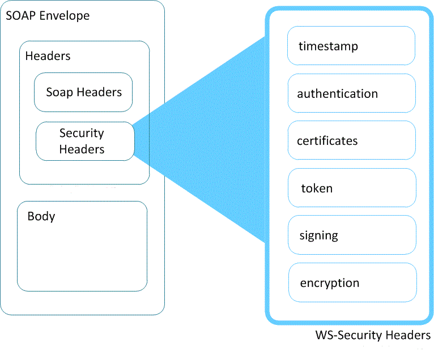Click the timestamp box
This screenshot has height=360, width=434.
351,46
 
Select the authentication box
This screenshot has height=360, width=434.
351,93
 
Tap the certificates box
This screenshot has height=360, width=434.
351,140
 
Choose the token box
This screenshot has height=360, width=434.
352,188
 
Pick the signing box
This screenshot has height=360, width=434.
352,235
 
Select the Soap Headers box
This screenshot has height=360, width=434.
83,92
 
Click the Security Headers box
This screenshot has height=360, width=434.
85,141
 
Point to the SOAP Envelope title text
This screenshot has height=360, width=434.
48,16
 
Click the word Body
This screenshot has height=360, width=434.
41,216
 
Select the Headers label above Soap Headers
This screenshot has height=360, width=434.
48,56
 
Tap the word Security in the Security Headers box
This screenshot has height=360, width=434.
82,133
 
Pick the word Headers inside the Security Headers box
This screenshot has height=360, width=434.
82,149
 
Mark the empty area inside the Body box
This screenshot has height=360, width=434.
82,255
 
